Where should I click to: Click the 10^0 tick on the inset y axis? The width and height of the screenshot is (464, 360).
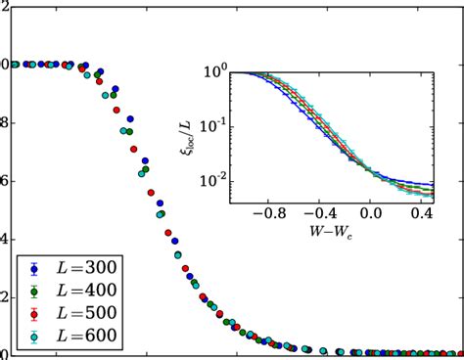click(215, 72)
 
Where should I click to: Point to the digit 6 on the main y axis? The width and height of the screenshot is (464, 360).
click(4, 181)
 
